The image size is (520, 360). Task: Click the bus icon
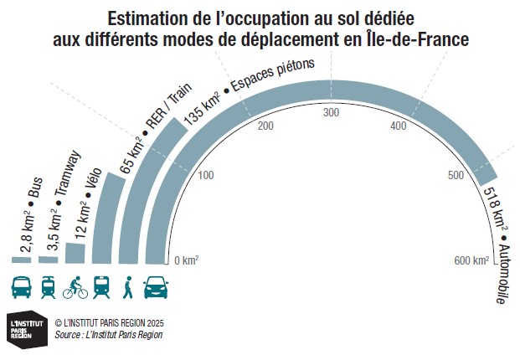(x=22, y=287)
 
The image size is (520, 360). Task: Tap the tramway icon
(x=48, y=287)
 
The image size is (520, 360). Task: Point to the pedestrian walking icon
(x=128, y=287)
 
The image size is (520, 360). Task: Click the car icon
(x=156, y=287)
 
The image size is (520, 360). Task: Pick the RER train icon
(x=101, y=287)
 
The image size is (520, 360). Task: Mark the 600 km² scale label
(x=471, y=260)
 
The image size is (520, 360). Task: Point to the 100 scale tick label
(x=206, y=175)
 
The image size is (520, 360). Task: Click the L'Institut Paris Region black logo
(x=22, y=327)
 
